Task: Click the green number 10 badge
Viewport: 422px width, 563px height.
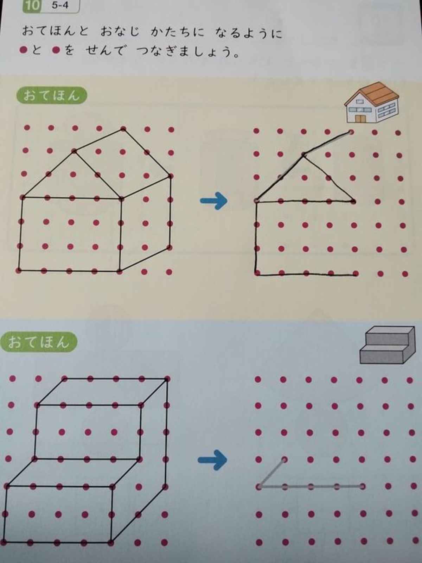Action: [x=32, y=5]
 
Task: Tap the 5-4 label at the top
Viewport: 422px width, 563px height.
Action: [x=60, y=5]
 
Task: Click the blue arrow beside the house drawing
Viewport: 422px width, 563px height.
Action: [x=214, y=201]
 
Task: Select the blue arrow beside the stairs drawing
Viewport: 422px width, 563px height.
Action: [x=212, y=460]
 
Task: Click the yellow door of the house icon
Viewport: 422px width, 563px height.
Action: [x=360, y=118]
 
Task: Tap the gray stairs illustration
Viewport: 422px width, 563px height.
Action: [x=388, y=345]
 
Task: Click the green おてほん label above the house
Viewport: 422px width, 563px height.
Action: [x=51, y=96]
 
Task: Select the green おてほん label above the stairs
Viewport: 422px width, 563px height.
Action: [x=38, y=342]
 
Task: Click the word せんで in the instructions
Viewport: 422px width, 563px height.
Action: [x=105, y=50]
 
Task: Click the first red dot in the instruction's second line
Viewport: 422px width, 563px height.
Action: [x=24, y=50]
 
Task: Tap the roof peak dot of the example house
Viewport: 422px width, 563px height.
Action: [x=123, y=129]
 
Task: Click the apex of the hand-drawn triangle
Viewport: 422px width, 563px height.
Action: [x=303, y=155]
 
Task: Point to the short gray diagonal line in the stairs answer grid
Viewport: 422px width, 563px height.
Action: [x=271, y=473]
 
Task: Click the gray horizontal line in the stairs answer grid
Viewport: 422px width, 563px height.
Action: [x=311, y=486]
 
